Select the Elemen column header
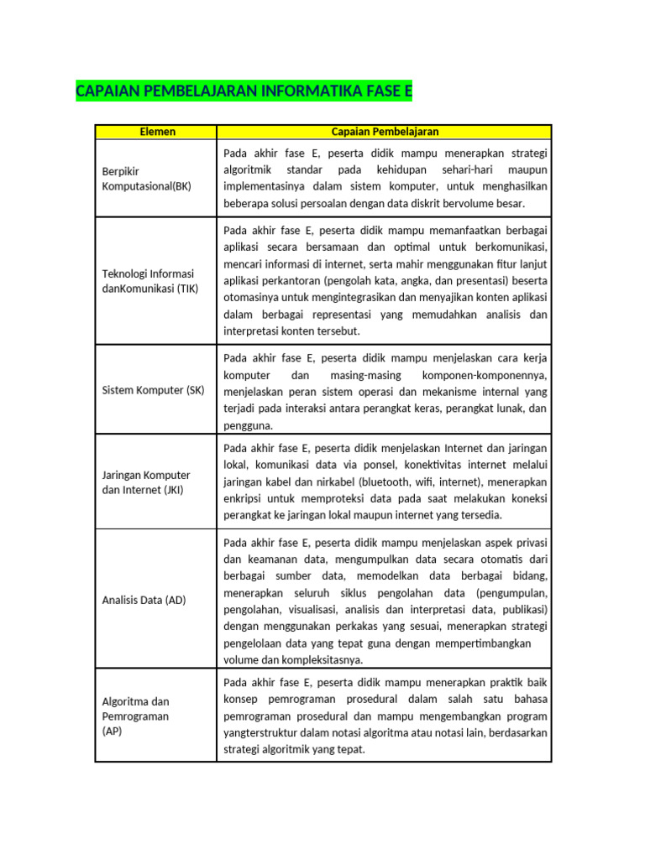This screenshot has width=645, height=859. click(x=156, y=132)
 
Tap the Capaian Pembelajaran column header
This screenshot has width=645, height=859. click(x=385, y=132)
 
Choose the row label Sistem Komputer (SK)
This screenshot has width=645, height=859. click(x=153, y=390)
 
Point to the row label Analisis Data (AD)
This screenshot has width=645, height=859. click(x=144, y=600)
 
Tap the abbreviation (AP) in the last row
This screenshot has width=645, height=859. click(x=112, y=731)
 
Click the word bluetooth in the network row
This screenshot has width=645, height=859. click(x=385, y=482)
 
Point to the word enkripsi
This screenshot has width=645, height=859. click(x=246, y=498)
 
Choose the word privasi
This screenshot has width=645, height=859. click(x=530, y=542)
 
